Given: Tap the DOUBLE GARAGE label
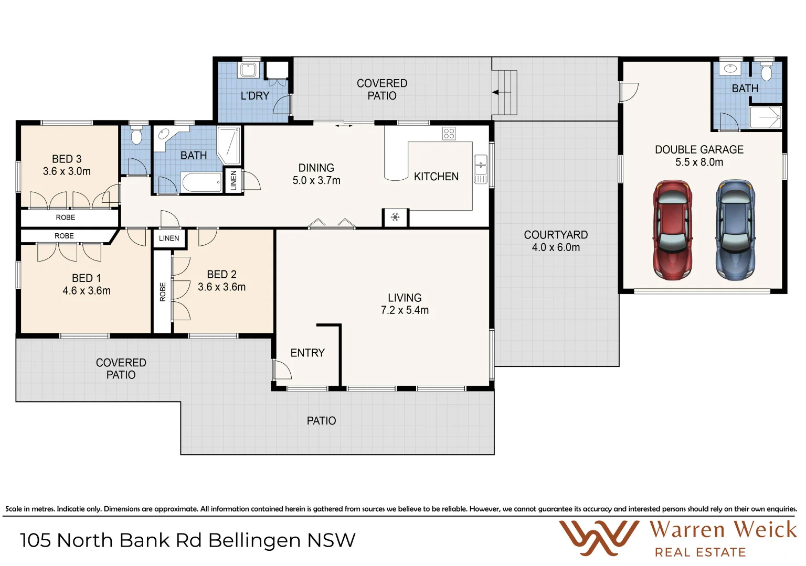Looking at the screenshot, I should [x=699, y=150].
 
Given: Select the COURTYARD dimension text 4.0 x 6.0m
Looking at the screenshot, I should [x=556, y=247].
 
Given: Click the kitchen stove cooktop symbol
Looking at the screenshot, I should [x=449, y=133].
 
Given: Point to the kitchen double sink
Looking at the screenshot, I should [x=480, y=169].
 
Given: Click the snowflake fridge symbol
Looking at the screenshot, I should [x=395, y=217].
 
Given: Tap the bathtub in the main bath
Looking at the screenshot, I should [x=202, y=183].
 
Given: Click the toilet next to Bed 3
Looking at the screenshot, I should [x=136, y=137].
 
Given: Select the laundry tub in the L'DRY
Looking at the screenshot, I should [x=248, y=70].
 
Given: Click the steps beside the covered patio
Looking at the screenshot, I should [x=505, y=93].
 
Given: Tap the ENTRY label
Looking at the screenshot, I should [x=307, y=353].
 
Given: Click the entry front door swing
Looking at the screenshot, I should [x=282, y=370].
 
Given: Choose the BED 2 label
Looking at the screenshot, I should [x=221, y=275].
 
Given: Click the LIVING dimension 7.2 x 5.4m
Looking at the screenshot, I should [x=405, y=310].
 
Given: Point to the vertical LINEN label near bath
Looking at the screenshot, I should [x=234, y=180].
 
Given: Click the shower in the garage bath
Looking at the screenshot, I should [x=766, y=117].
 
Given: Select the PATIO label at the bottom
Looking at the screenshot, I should [x=321, y=421].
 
